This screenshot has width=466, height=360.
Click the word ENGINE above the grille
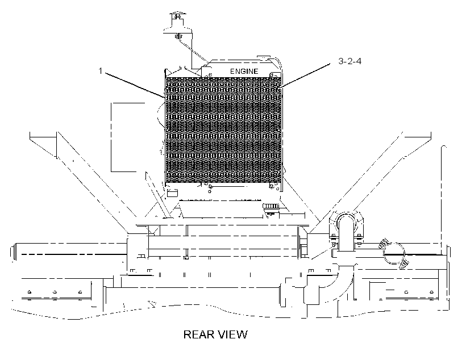tap(244, 72)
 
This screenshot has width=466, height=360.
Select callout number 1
tap(101, 70)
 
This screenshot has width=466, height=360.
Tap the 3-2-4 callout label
tap(350, 61)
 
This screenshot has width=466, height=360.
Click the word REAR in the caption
tap(198, 334)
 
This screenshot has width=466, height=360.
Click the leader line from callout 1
tap(134, 85)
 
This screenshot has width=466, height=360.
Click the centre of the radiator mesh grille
tap(223, 130)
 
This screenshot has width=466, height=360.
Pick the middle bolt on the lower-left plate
tap(55, 292)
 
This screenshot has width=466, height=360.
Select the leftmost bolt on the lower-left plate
tap(30, 292)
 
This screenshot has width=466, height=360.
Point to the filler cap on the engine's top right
tap(263, 56)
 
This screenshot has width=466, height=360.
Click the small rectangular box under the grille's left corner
tap(172, 192)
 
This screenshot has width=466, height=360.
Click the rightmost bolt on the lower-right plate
tap(431, 292)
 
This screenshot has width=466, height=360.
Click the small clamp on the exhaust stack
tap(178, 36)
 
